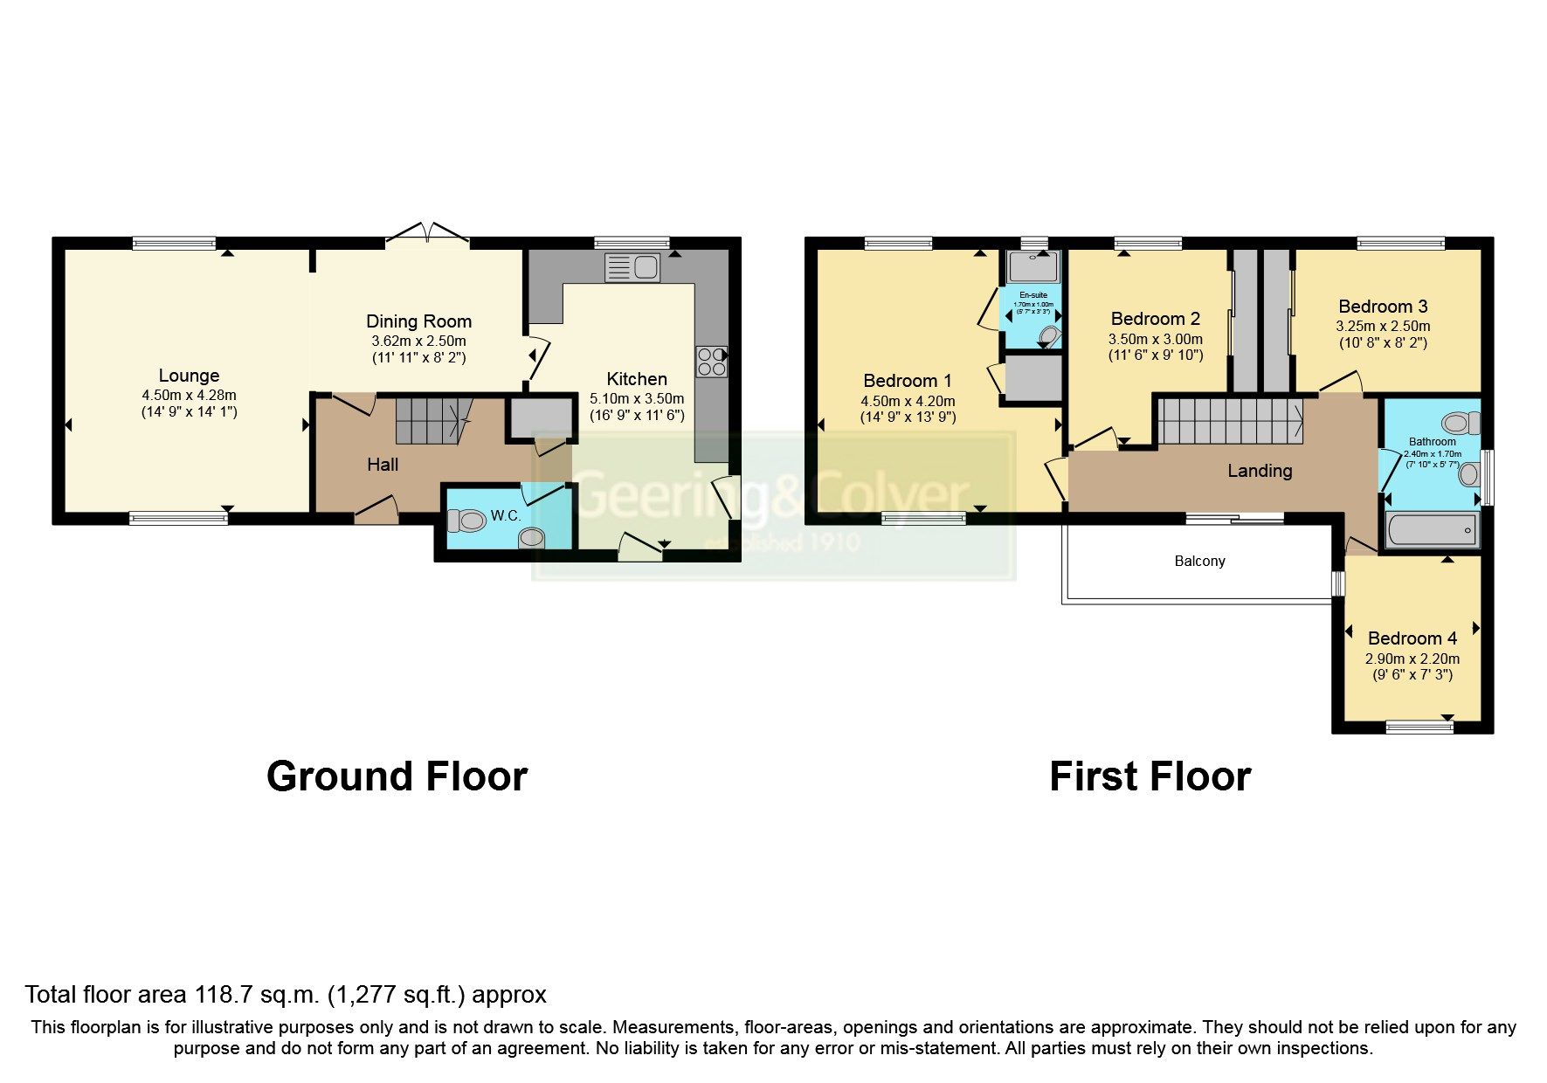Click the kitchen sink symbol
tap(632, 267)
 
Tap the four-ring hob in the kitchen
tap(711, 362)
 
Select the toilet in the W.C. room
tap(467, 521)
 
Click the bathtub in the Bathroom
tap(1433, 530)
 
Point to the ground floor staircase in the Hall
tap(430, 420)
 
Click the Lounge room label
tap(189, 376)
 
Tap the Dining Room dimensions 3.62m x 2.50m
tap(418, 341)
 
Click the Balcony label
tap(1199, 562)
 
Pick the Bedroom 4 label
tap(1412, 638)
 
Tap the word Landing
tap(1259, 472)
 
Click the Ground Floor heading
tap(397, 776)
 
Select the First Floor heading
tap(1150, 776)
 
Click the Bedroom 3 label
tap(1383, 307)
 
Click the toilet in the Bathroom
tap(1461, 424)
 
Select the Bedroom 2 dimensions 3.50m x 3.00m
tap(1156, 339)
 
